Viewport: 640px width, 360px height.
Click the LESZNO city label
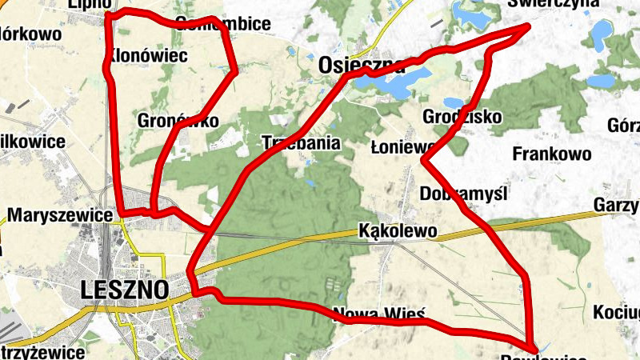(x=124, y=290)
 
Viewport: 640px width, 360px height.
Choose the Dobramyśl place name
(x=464, y=194)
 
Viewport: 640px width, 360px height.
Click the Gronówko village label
(x=178, y=120)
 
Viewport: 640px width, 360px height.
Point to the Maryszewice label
(x=60, y=215)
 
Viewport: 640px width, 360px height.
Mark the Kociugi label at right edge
(x=619, y=311)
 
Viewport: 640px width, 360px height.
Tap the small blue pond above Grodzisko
(x=453, y=102)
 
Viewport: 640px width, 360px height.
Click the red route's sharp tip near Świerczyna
(x=529, y=26)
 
